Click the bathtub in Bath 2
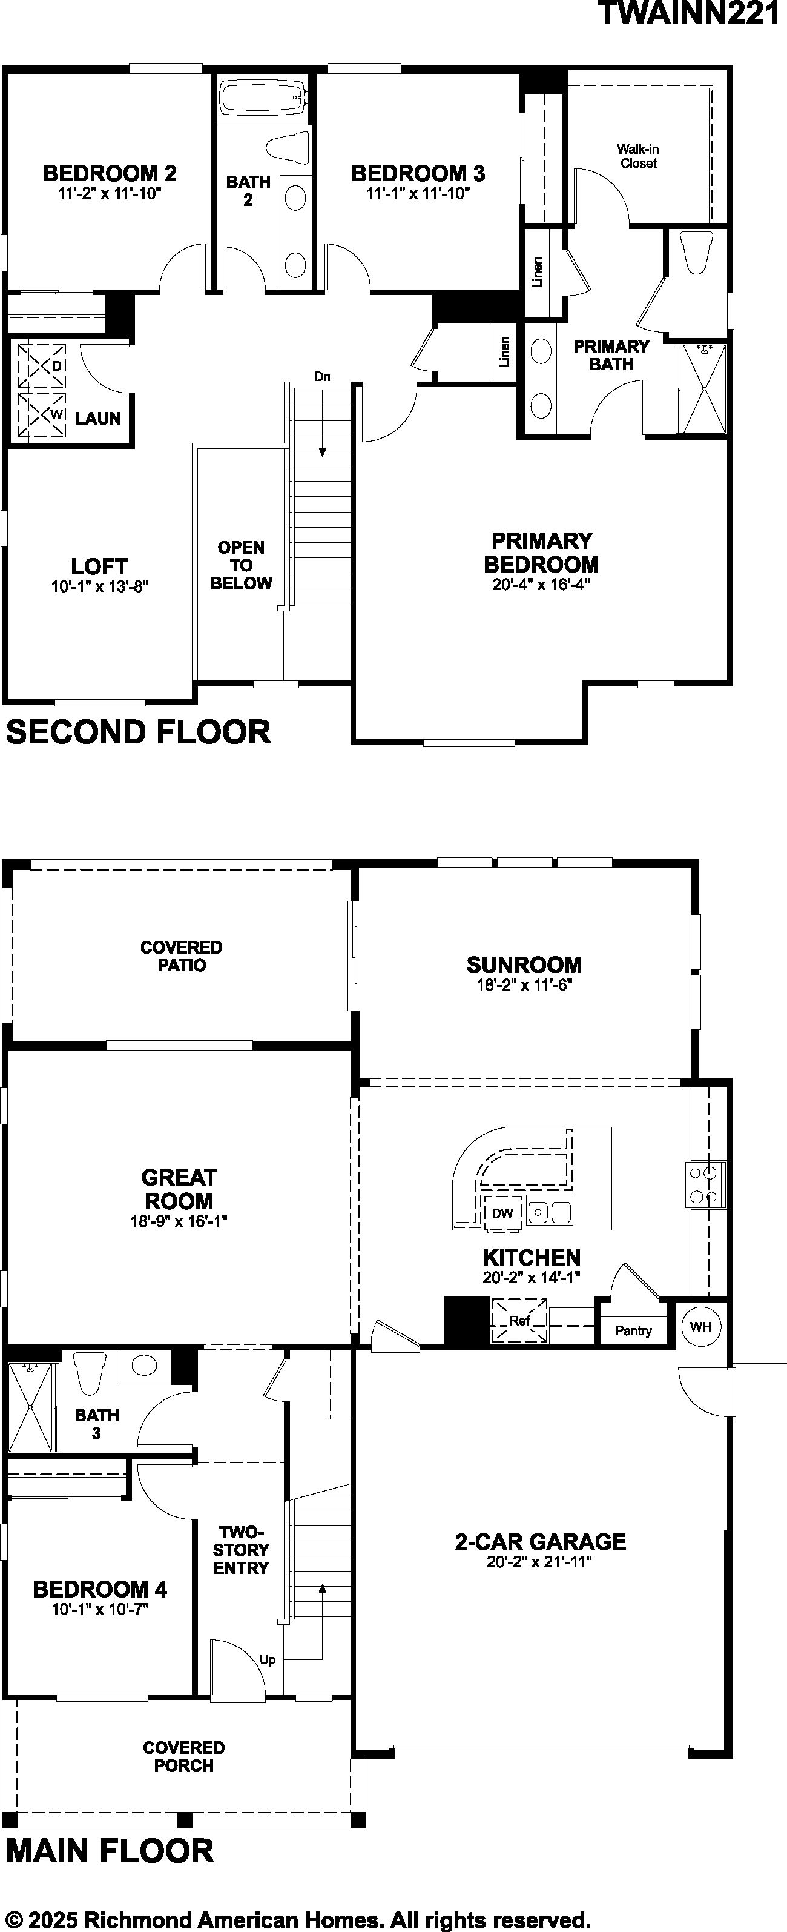[x=264, y=98]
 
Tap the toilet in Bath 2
[x=289, y=148]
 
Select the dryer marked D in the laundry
[x=42, y=365]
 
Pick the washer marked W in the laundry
[x=42, y=413]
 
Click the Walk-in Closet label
[x=638, y=156]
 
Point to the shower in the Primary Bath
[x=702, y=388]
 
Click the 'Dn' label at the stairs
[x=322, y=376]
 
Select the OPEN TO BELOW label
[x=240, y=565]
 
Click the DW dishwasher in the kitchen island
[x=502, y=1213]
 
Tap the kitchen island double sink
[x=548, y=1211]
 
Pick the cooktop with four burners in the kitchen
[x=705, y=1184]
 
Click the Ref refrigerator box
[x=519, y=1321]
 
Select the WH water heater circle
[x=700, y=1326]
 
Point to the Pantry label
[x=633, y=1330]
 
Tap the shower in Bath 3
[x=31, y=1407]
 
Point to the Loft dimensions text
[x=100, y=586]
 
